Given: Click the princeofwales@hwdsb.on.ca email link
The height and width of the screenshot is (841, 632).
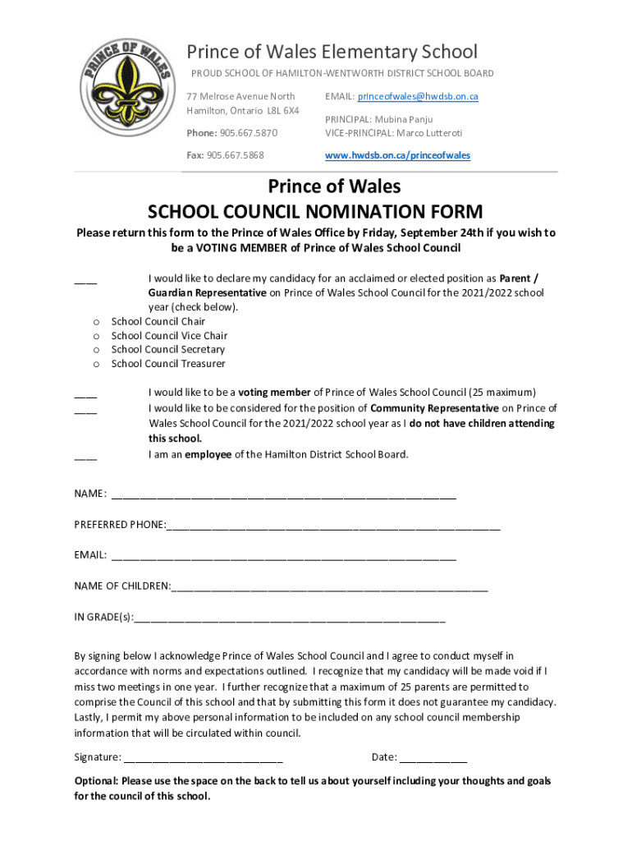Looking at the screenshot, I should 417,97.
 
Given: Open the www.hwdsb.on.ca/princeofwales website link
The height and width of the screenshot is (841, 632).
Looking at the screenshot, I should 397,155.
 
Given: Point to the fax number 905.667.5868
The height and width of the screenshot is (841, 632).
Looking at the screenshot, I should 236,155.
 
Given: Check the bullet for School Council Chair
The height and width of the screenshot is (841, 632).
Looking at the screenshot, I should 96,322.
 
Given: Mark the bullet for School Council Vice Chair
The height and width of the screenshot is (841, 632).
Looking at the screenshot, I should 96,336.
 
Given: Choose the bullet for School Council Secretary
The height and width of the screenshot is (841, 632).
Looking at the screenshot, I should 96,350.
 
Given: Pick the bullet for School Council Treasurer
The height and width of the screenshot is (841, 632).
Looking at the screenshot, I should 96,364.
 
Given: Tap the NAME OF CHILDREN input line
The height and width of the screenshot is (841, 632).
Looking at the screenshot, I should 329,589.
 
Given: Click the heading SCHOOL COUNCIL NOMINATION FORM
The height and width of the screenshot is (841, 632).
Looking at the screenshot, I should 315,211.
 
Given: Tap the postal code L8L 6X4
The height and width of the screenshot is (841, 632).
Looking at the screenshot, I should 282,110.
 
